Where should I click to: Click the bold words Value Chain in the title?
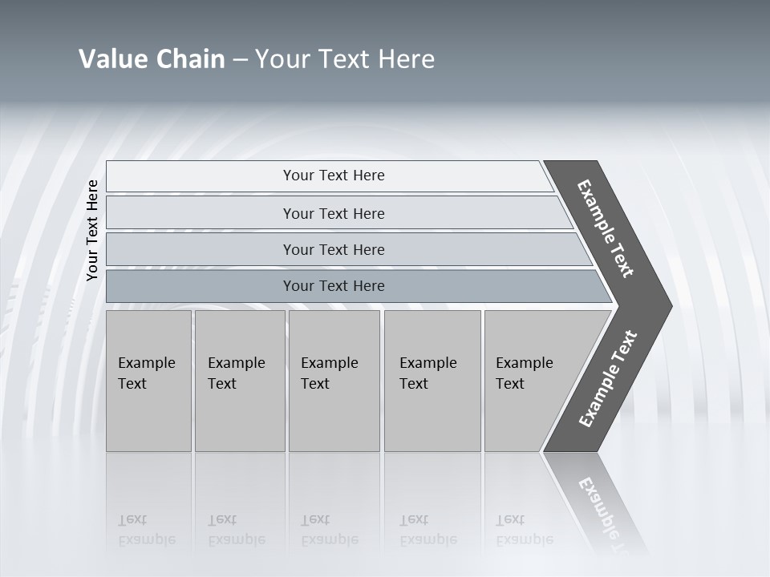tap(152, 59)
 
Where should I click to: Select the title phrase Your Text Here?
tap(345, 59)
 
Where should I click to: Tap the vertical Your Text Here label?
tap(92, 230)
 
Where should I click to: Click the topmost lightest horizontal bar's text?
tap(334, 176)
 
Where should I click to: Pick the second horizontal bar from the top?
tap(334, 213)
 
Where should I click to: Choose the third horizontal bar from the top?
tap(334, 249)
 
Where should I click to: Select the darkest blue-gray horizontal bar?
tap(334, 286)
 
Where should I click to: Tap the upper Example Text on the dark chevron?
tap(606, 229)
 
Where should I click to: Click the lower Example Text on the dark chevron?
tap(608, 379)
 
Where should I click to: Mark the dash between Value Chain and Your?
tap(240, 60)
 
